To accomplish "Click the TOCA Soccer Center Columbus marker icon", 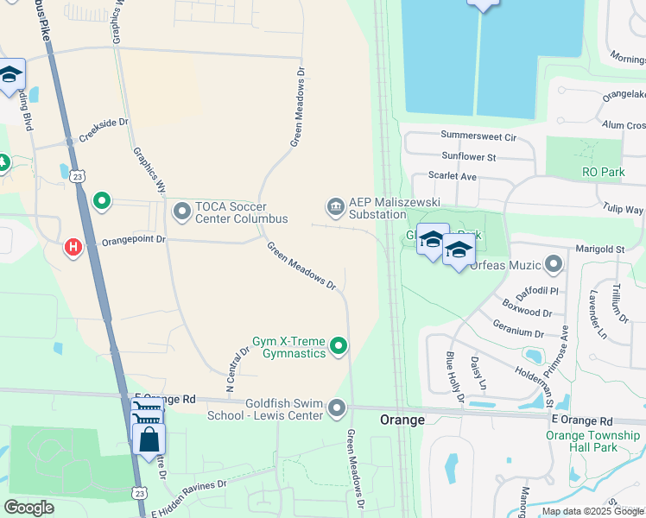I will [x=182, y=211].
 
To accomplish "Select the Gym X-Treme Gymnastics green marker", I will [x=339, y=347].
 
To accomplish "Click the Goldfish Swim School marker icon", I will [x=337, y=407].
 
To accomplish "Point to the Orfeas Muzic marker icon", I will [x=554, y=264].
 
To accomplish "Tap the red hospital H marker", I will [x=73, y=248].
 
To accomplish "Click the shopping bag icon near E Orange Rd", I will [x=149, y=439].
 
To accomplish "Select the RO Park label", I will [x=603, y=173].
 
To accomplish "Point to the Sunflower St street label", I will [x=468, y=157].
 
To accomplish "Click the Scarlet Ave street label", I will [x=453, y=176].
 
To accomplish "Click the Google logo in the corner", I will [x=29, y=508].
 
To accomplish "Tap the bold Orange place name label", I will [x=402, y=420].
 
